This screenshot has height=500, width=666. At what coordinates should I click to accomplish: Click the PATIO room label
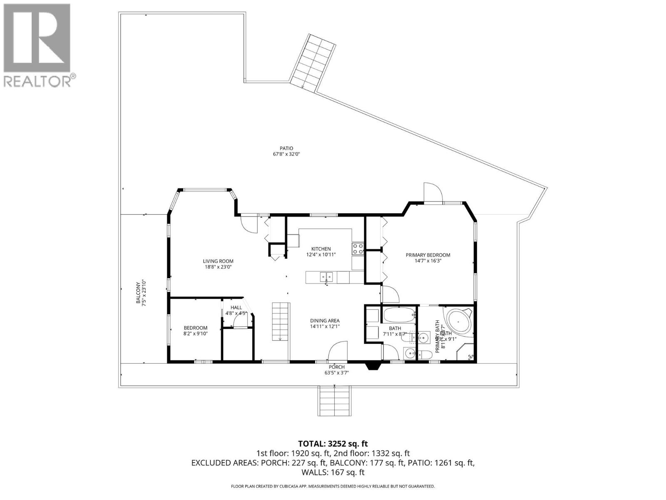(x=286, y=148)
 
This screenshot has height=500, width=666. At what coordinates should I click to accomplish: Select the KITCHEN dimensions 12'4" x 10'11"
(x=321, y=255)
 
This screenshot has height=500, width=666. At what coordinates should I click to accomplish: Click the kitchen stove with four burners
(x=358, y=249)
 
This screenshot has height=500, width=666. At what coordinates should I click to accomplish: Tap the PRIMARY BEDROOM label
(x=428, y=255)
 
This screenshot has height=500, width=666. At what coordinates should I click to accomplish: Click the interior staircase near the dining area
(x=280, y=321)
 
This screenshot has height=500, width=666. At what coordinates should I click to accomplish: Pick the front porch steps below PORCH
(x=335, y=400)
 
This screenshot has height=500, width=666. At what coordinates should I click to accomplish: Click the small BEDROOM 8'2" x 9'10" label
(x=195, y=328)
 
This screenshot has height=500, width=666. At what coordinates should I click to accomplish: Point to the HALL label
(x=236, y=307)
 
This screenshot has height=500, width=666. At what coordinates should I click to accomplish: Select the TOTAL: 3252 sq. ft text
(x=333, y=444)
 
